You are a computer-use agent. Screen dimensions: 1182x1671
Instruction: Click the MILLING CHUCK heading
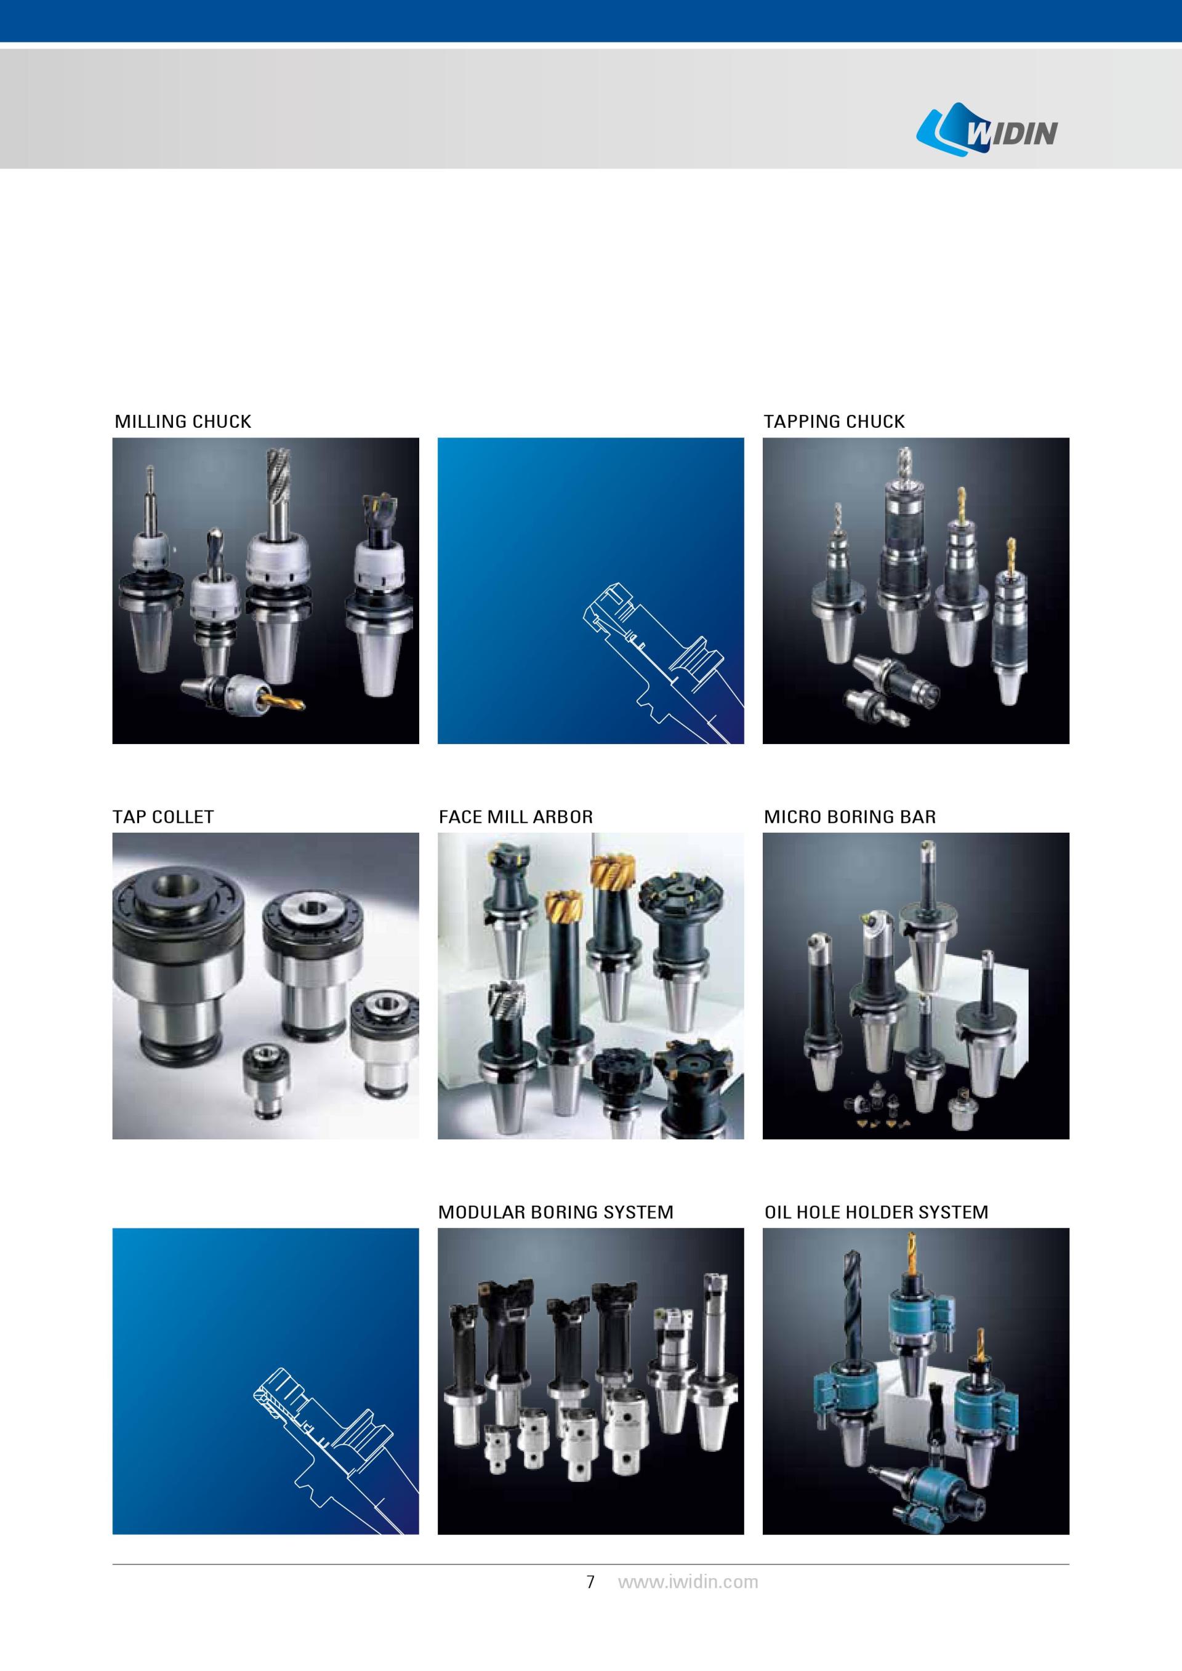pyautogui.click(x=183, y=422)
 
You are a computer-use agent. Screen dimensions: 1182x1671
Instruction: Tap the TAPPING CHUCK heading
pyautogui.click(x=834, y=422)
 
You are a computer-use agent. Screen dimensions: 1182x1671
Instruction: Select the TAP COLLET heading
pyautogui.click(x=163, y=817)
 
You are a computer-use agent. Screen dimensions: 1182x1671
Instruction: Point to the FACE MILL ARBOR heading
pyautogui.click(x=515, y=817)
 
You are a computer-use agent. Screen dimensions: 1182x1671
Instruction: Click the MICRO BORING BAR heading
pyautogui.click(x=850, y=817)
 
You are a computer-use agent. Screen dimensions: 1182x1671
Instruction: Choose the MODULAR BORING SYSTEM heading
pyautogui.click(x=555, y=1212)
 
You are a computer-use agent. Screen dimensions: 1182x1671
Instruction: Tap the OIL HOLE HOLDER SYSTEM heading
pyautogui.click(x=876, y=1212)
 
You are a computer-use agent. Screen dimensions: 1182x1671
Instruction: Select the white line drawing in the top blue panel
pyautogui.click(x=662, y=662)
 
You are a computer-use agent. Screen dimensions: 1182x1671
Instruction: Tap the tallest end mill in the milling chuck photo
pyautogui.click(x=277, y=493)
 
